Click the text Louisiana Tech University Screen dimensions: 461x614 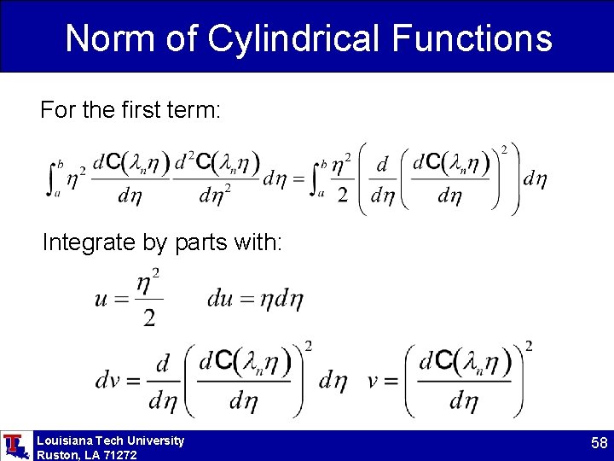pos(110,441)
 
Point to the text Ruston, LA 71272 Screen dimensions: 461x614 pos(86,454)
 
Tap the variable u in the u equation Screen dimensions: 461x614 pos(101,299)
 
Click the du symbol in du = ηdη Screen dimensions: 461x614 pos(219,299)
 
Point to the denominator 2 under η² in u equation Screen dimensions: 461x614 pos(148,318)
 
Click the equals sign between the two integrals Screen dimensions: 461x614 pos(298,179)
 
